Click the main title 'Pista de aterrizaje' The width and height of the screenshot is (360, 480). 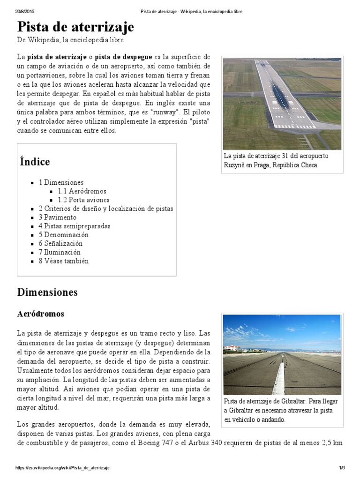point(75,27)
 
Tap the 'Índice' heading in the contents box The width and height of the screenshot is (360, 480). point(35,162)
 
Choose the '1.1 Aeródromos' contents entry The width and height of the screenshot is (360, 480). point(82,191)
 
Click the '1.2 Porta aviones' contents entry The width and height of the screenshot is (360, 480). point(83,200)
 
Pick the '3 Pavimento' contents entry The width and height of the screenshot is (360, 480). point(57,217)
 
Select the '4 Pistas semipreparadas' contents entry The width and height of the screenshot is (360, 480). point(75,226)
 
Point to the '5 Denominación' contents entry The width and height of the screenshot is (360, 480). point(63,235)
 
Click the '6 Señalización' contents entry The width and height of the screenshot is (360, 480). point(60,243)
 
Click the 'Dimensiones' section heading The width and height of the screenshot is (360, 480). point(47,292)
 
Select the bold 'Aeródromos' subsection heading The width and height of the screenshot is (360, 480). point(41,314)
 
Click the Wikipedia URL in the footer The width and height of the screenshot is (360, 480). point(63,468)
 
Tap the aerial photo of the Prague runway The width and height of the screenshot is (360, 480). point(282,104)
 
